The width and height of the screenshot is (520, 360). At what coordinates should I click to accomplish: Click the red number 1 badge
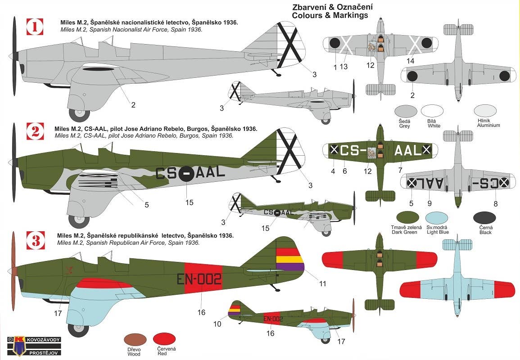(35, 26)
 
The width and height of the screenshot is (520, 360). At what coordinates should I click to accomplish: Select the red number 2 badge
(35, 131)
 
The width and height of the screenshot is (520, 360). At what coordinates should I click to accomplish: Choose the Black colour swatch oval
(484, 218)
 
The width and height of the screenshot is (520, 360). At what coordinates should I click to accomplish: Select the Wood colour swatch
(135, 339)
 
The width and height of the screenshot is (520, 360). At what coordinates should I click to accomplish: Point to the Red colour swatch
(164, 339)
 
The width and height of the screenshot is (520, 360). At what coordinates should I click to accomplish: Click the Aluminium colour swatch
(486, 111)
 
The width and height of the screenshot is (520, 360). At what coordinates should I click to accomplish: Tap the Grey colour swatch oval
(405, 111)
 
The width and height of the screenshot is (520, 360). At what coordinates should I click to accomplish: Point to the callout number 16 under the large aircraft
(201, 312)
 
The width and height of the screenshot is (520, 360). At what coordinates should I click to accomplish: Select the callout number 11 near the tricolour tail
(322, 283)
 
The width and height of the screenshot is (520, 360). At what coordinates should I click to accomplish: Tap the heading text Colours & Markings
(330, 15)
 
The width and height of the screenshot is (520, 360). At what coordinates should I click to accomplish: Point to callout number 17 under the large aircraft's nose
(58, 313)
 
